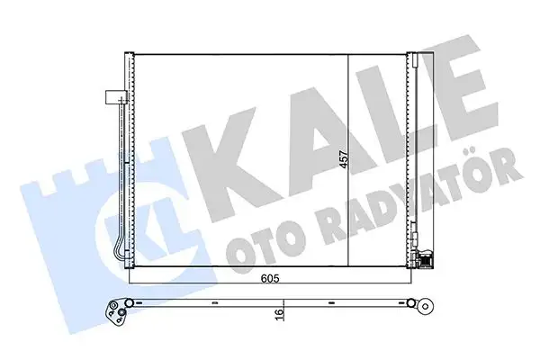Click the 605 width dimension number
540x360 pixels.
[269, 280]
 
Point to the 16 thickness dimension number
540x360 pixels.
[281, 315]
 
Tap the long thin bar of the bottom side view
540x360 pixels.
[270, 301]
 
